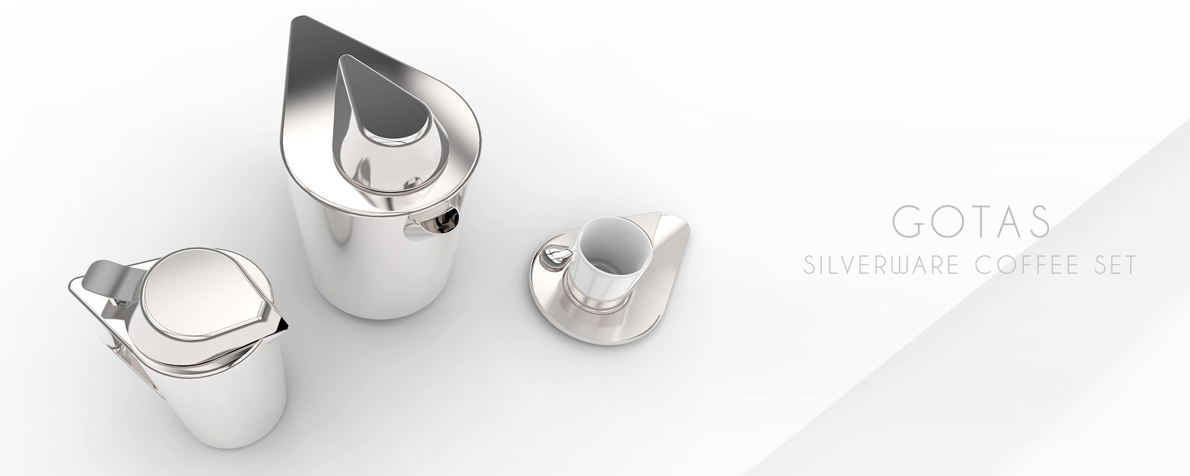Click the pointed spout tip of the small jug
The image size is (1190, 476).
[x=284, y=324]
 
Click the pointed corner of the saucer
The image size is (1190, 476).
[x=657, y=214]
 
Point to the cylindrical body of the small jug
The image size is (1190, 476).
[x=220, y=405]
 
